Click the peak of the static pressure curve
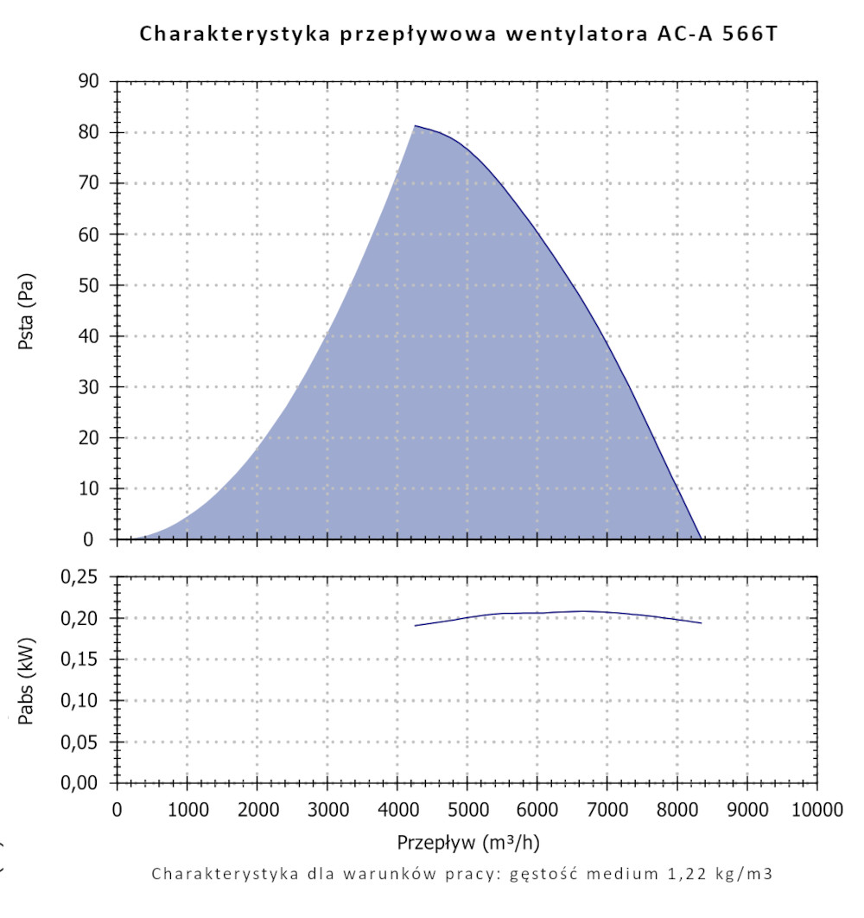[x=415, y=126]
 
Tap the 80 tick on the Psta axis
[x=89, y=132]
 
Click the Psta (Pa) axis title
[x=26, y=310]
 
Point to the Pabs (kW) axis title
[x=26, y=679]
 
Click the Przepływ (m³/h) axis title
[x=469, y=842]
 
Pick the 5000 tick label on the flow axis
[x=467, y=810]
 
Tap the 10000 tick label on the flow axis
[x=816, y=810]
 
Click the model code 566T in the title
[x=754, y=35]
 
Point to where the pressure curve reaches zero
[x=700, y=539]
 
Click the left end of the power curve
[x=415, y=625]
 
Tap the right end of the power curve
[x=701, y=622]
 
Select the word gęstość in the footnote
[x=549, y=874]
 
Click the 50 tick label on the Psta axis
[x=89, y=285]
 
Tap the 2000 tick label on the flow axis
[x=257, y=810]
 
